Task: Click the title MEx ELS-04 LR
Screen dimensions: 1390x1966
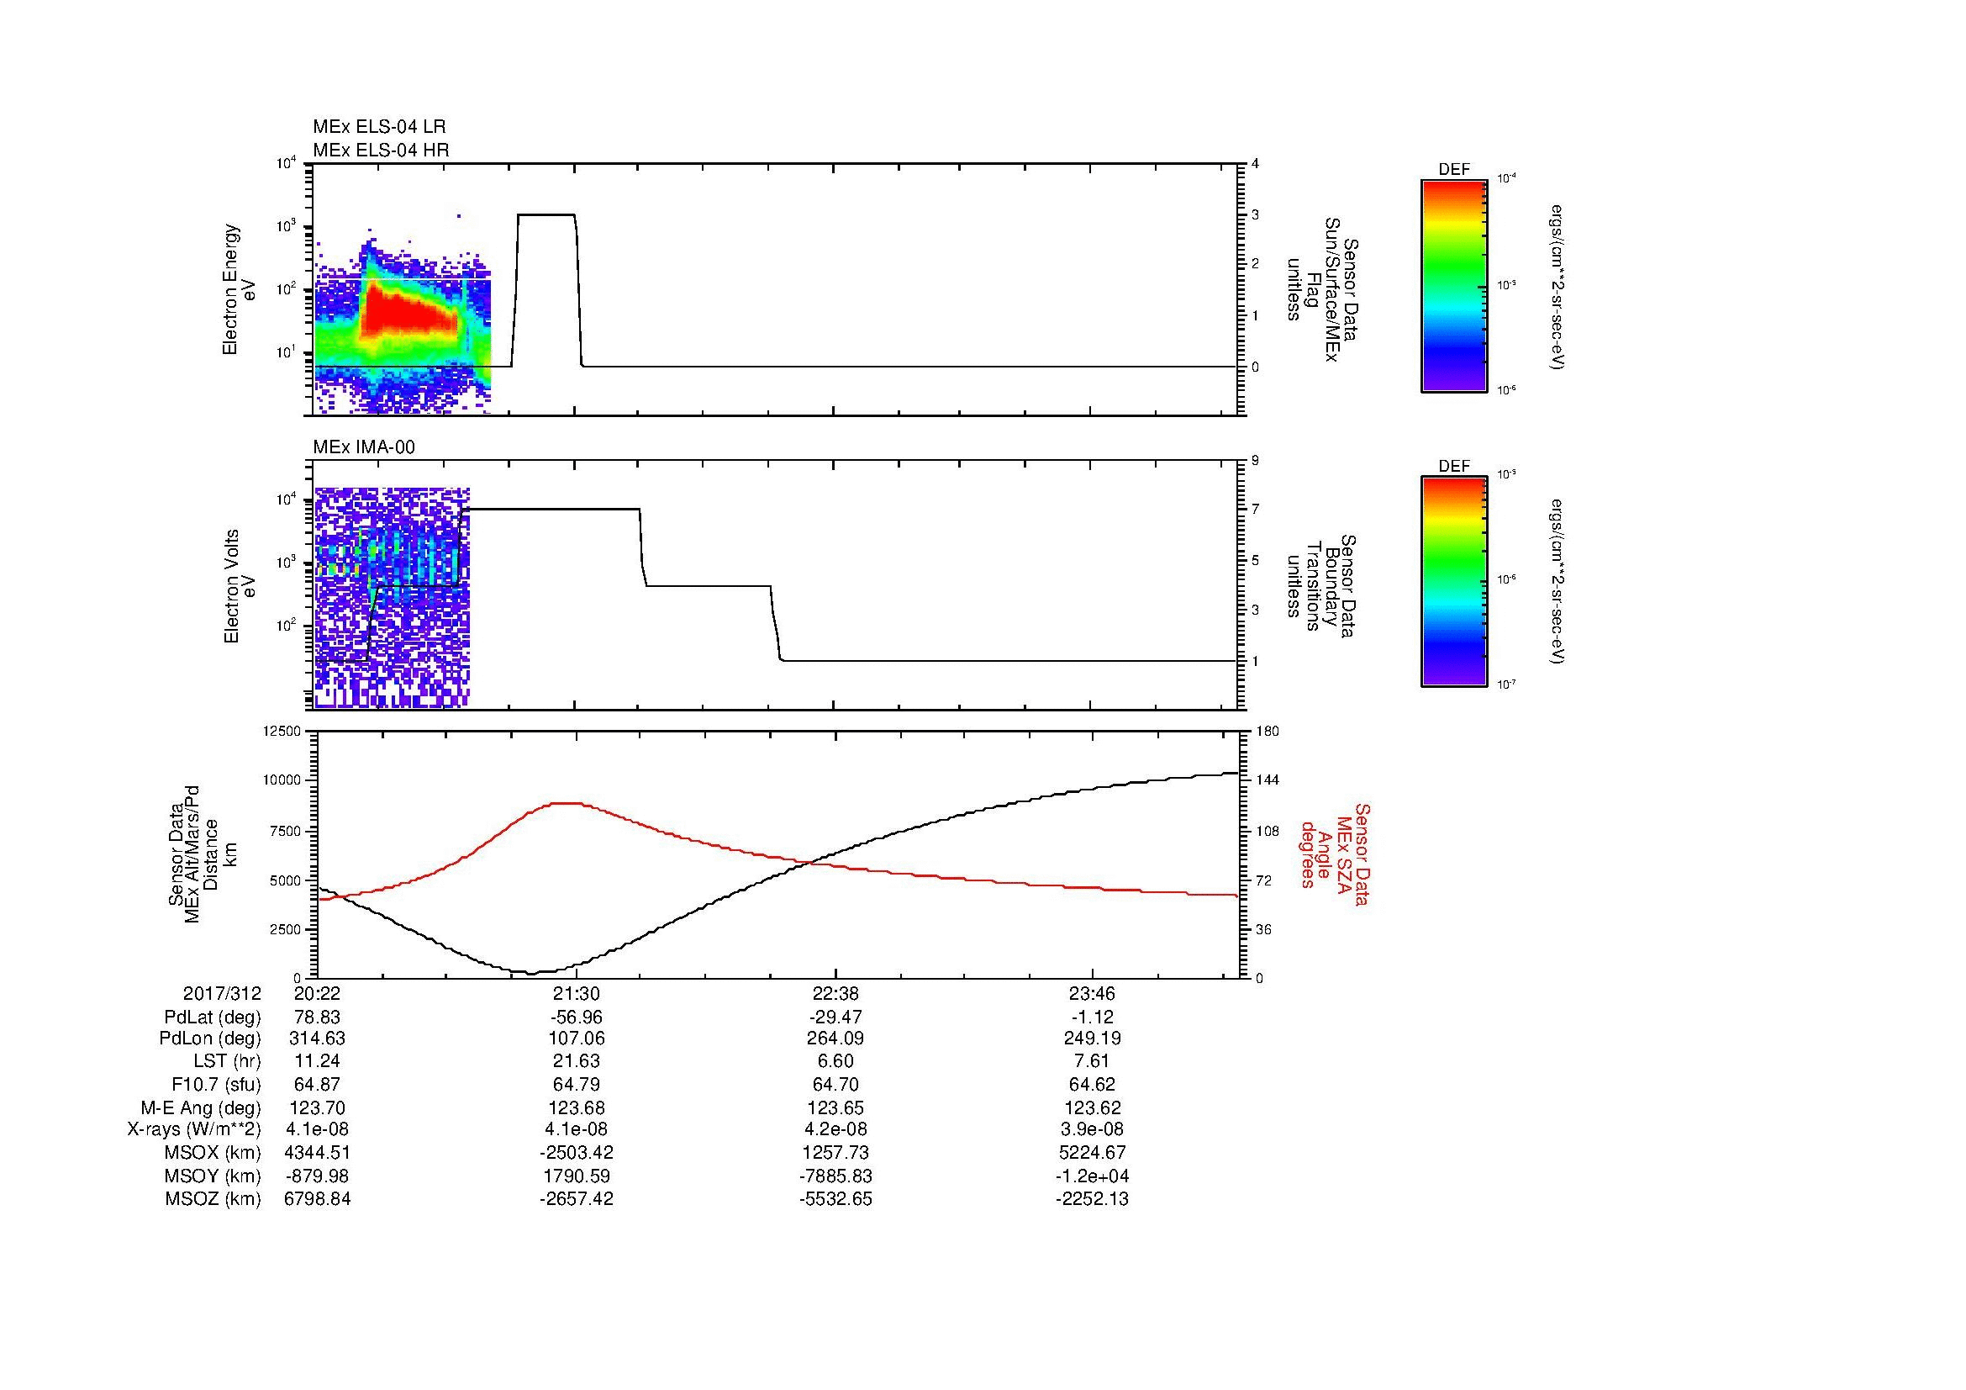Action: click(x=378, y=127)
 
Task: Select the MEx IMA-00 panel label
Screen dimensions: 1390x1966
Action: click(x=364, y=447)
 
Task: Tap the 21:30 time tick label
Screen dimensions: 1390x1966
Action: click(x=577, y=994)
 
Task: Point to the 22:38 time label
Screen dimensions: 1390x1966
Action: click(x=835, y=994)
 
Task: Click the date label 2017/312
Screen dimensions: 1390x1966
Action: click(x=222, y=994)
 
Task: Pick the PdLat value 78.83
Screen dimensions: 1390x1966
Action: click(x=317, y=1017)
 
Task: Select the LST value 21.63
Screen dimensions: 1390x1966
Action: click(x=577, y=1062)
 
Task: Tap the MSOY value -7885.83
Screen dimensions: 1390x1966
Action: click(x=835, y=1176)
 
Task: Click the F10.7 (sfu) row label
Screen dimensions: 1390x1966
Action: click(x=216, y=1085)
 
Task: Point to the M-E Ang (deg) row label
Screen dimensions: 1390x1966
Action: click(x=200, y=1107)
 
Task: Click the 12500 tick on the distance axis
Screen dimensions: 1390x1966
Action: click(x=282, y=731)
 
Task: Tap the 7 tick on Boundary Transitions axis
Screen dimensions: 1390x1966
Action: click(x=1255, y=510)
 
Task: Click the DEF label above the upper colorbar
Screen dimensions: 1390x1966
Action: click(x=1454, y=170)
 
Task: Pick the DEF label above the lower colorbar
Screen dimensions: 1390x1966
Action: click(x=1454, y=466)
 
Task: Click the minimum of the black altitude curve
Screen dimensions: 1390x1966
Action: click(x=531, y=973)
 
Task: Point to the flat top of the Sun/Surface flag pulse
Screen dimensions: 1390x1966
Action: click(x=546, y=214)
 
